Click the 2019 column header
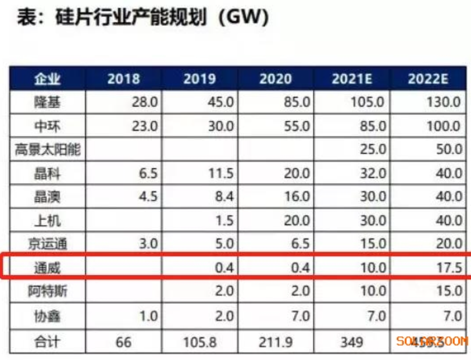(199, 79)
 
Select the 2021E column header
(352, 79)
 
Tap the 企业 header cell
(48, 79)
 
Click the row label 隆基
(48, 102)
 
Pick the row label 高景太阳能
(48, 150)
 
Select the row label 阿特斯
(48, 291)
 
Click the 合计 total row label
(48, 341)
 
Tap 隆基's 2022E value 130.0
(442, 102)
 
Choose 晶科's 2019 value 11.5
(221, 173)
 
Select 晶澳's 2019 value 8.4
(223, 197)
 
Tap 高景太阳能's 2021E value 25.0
(372, 150)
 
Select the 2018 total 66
(124, 341)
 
